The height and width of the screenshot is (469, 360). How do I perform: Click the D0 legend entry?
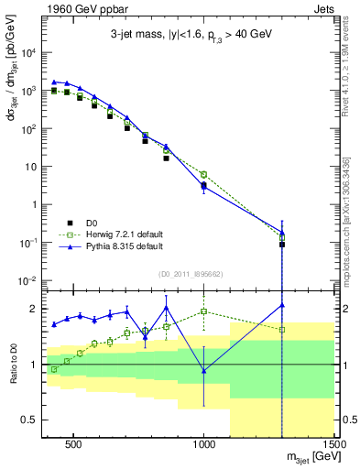click(x=93, y=222)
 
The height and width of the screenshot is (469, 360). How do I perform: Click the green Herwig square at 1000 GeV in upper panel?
click(x=204, y=174)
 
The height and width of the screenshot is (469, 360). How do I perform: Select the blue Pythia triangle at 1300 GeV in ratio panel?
click(x=282, y=305)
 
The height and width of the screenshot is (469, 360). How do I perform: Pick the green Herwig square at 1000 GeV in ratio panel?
click(x=204, y=311)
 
